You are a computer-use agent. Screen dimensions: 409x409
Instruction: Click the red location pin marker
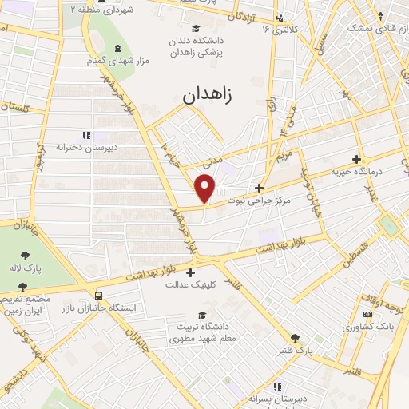point(206,187)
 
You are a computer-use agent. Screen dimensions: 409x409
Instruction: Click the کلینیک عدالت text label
point(190,284)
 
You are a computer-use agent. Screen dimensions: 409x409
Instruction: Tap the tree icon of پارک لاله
point(25,256)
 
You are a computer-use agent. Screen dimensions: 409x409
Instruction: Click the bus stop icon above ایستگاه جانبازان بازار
point(97,294)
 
